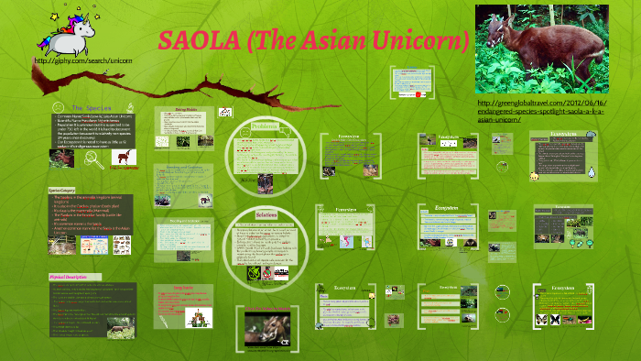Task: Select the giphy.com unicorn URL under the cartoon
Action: (x=82, y=60)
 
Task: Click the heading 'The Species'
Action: (x=91, y=107)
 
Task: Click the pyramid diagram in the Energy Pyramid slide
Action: (x=197, y=317)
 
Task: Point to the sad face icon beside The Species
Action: (x=59, y=107)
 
